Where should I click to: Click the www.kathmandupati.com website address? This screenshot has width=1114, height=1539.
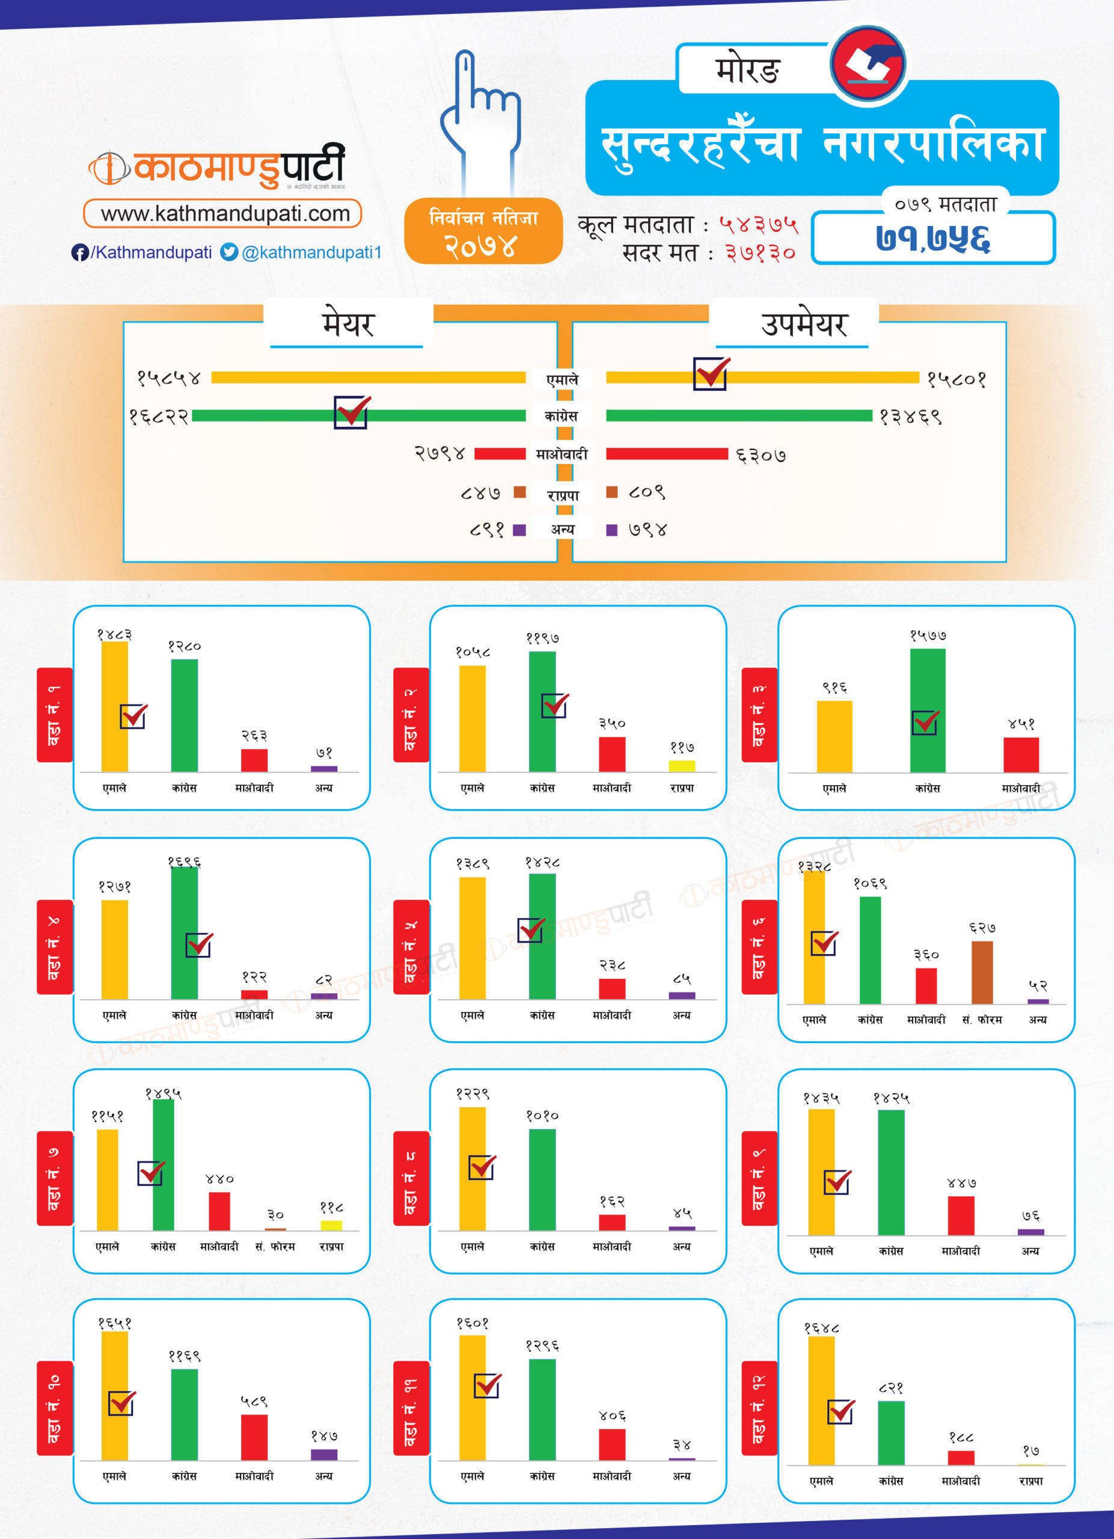click(225, 214)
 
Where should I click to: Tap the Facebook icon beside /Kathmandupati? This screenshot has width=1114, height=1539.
click(79, 252)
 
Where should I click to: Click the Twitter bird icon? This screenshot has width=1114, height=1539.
click(229, 252)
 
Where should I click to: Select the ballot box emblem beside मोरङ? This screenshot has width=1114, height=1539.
click(868, 64)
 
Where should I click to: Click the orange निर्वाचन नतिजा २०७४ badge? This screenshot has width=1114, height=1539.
click(483, 231)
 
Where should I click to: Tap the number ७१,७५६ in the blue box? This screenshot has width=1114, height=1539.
click(932, 238)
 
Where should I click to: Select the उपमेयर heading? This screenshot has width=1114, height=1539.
click(804, 325)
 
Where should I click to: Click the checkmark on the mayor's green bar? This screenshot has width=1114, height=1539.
click(352, 412)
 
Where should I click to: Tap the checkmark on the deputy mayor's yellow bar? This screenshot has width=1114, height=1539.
click(711, 373)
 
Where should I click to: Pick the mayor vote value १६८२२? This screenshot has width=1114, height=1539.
click(159, 416)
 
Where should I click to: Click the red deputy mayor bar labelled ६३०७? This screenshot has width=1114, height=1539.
click(666, 454)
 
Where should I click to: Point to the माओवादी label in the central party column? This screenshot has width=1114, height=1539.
click(562, 454)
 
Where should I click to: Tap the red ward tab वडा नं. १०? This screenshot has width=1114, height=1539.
click(54, 1407)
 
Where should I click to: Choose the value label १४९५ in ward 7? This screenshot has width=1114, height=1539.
click(163, 1094)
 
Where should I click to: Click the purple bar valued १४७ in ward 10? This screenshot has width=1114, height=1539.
click(323, 1454)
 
